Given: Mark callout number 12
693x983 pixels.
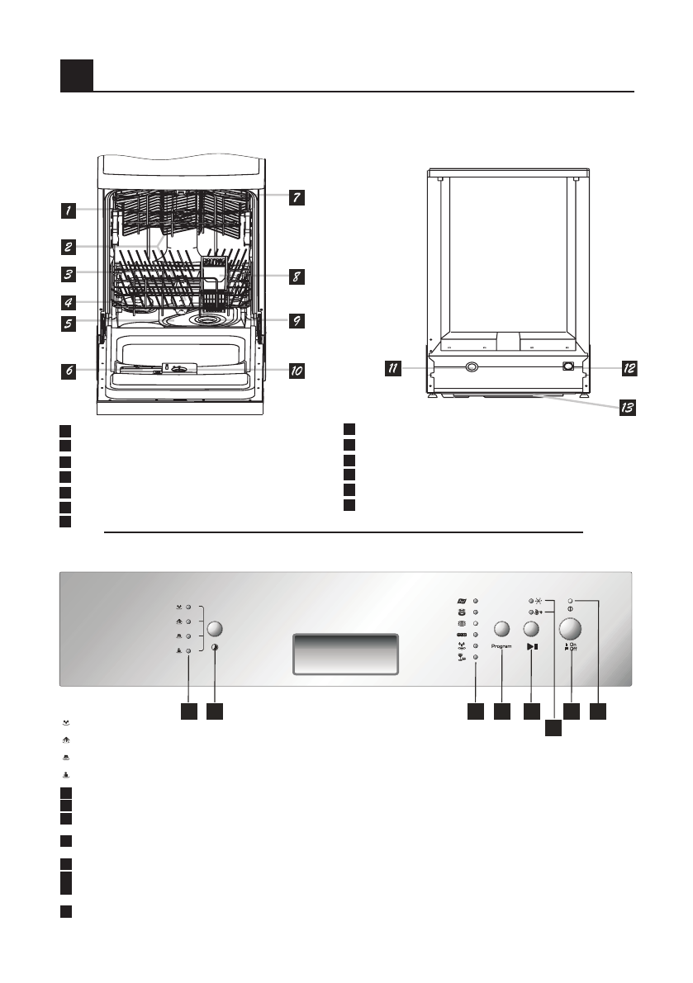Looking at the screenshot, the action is click(629, 369).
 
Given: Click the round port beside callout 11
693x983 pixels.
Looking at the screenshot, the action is click(471, 368).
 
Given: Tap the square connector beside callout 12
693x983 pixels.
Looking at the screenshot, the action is click(569, 367).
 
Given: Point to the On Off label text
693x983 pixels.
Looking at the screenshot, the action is click(572, 647).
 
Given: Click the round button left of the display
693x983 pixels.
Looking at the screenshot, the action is click(216, 628).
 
